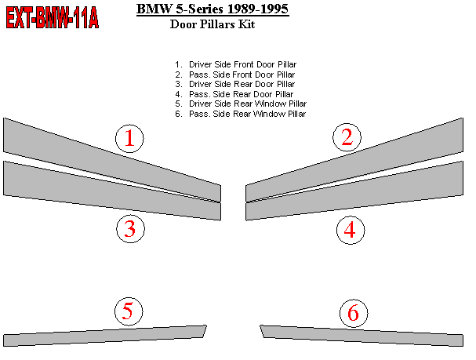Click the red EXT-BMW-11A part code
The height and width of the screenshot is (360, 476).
(x=53, y=18)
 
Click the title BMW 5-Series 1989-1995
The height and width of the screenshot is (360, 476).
(x=213, y=9)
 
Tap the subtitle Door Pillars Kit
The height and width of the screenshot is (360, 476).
(x=213, y=24)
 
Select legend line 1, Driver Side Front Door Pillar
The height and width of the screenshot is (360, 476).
(x=235, y=64)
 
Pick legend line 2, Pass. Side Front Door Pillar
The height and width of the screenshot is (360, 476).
(x=235, y=75)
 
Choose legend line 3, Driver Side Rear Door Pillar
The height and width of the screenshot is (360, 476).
(x=235, y=84)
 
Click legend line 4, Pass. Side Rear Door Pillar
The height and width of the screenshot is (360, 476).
(x=234, y=94)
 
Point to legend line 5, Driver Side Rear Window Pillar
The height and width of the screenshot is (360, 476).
(x=241, y=104)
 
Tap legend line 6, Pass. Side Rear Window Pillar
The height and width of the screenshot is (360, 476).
(x=241, y=114)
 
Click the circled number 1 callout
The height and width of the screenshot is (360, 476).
(x=129, y=138)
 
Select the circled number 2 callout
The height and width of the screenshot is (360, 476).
(x=347, y=137)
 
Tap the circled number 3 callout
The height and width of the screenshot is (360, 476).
(x=130, y=229)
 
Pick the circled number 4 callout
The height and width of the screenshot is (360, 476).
(x=351, y=230)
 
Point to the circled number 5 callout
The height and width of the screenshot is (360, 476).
(x=129, y=311)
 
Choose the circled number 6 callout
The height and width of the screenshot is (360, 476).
(x=354, y=313)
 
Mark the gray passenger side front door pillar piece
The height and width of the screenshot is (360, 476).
(x=354, y=160)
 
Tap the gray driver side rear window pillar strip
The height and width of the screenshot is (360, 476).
(x=105, y=336)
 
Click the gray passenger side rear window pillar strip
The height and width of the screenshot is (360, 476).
(x=362, y=336)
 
